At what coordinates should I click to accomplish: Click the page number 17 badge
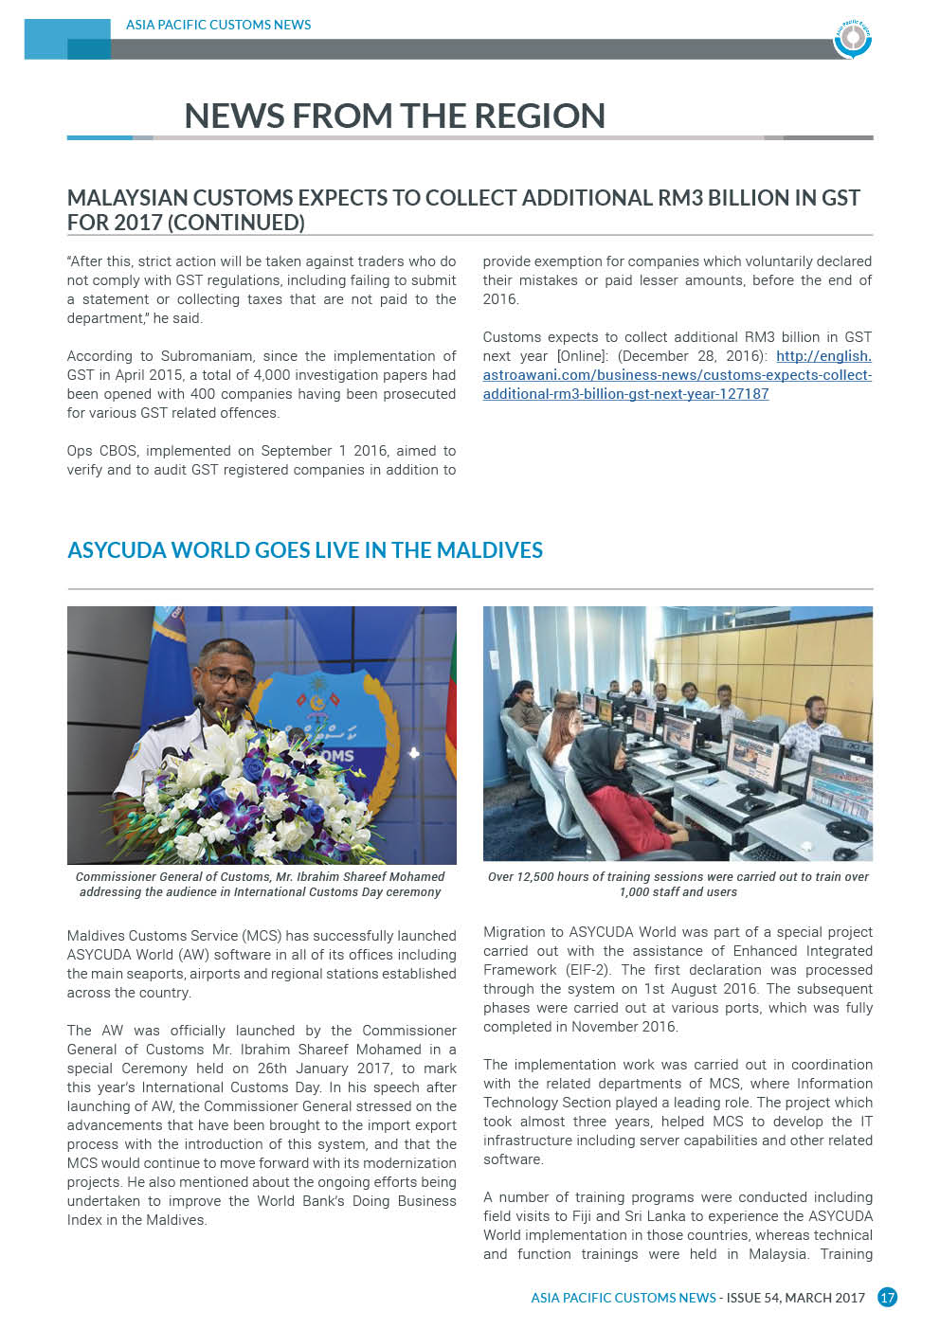tap(887, 1298)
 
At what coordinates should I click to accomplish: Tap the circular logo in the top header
tap(853, 38)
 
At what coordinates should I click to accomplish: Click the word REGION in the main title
tap(539, 116)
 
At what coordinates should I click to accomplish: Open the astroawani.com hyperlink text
tap(677, 375)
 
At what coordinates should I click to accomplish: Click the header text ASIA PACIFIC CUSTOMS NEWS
tap(218, 25)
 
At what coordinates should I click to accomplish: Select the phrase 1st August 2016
tap(700, 989)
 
